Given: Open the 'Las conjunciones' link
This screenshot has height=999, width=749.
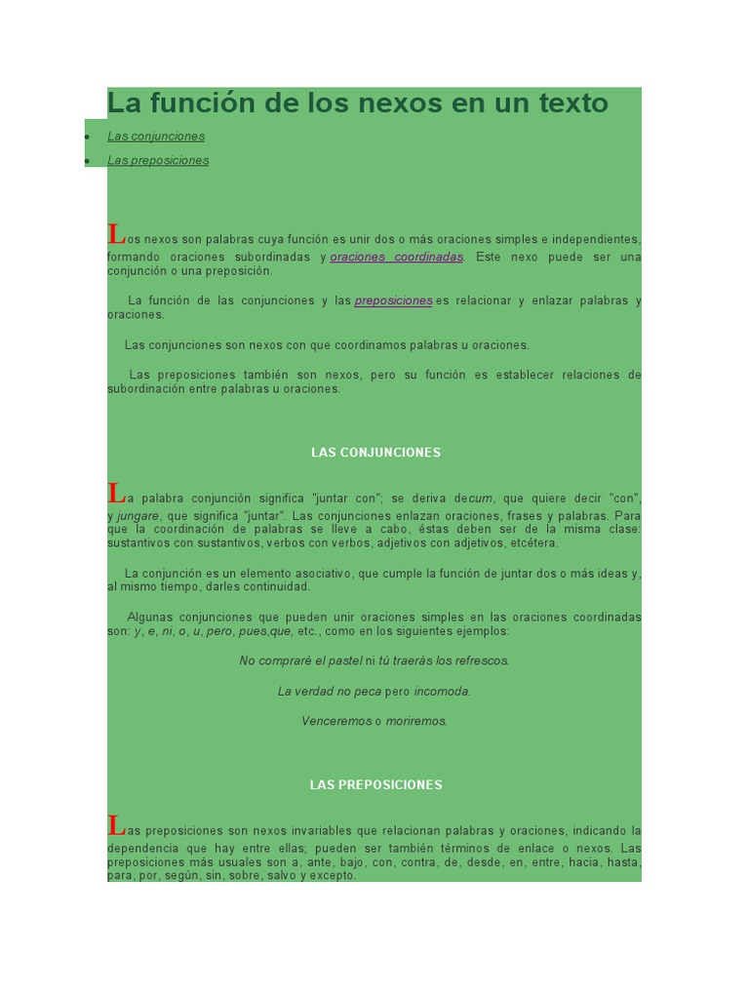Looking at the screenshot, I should click(156, 137).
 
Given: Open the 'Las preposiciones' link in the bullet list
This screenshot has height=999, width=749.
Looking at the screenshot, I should click(158, 160).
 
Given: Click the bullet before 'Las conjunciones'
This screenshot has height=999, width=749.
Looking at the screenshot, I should click(87, 137).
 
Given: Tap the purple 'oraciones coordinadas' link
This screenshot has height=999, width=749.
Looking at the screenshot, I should click(397, 257).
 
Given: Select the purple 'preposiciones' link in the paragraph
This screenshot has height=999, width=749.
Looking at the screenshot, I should click(393, 300).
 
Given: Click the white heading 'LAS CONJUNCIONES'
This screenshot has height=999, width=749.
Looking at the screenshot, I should click(375, 453).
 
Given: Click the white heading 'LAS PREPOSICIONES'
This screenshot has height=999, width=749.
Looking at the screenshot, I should click(375, 784).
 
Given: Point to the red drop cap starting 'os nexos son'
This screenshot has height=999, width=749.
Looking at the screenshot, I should click(116, 234).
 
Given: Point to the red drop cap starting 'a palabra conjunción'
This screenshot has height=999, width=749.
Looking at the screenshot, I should click(116, 493).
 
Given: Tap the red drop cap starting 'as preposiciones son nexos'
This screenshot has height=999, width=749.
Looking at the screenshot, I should click(116, 825).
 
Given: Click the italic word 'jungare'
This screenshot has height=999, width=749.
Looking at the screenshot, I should click(138, 515).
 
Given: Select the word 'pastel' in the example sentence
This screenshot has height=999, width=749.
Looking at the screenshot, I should click(344, 660).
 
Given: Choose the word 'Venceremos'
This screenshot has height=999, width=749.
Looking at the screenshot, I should click(336, 721).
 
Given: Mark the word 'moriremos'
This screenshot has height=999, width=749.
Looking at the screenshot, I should click(416, 721).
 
